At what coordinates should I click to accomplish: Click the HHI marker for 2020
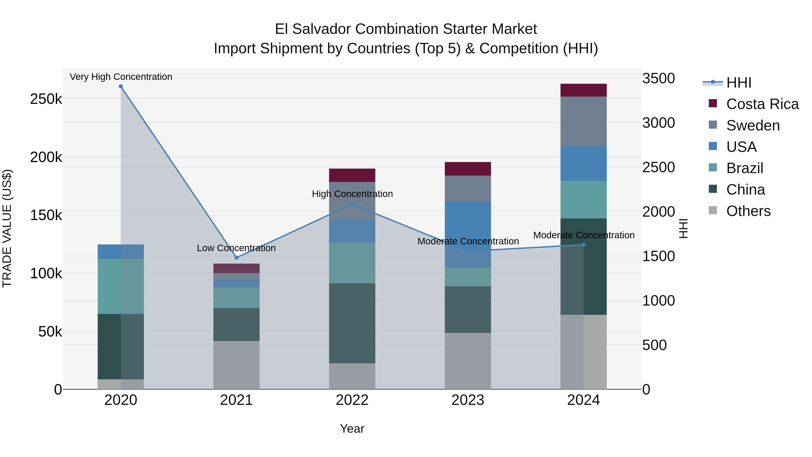[x=121, y=86]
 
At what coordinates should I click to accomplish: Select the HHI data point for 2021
[x=236, y=258]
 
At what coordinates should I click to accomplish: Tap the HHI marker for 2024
[x=584, y=245]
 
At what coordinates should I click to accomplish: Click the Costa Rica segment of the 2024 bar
[x=584, y=90]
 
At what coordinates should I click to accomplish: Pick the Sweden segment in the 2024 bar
[x=584, y=121]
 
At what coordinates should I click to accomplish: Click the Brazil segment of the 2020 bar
[x=121, y=286]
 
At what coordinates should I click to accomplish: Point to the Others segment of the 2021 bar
[x=236, y=365]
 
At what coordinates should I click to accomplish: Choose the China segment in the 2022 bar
[x=352, y=323]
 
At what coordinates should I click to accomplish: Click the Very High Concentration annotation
[x=121, y=77]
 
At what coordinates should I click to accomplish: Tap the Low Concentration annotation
[x=236, y=248]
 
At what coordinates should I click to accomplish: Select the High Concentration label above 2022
[x=352, y=194]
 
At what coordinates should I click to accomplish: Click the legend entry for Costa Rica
[x=762, y=104]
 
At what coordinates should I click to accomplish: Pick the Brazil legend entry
[x=745, y=168]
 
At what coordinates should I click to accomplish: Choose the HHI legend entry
[x=738, y=83]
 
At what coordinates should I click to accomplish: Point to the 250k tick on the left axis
[x=46, y=99]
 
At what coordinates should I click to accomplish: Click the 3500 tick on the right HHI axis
[x=658, y=78]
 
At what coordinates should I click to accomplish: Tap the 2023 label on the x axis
[x=468, y=400]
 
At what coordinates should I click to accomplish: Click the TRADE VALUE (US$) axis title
[x=7, y=228]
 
